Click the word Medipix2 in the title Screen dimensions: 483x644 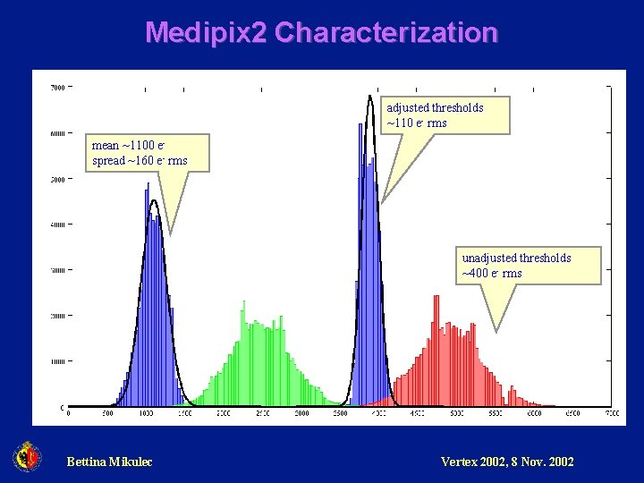pos(206,33)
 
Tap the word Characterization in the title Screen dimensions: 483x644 pos(386,33)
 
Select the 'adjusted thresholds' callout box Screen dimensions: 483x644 pos(446,114)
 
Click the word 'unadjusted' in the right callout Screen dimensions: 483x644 pos(489,258)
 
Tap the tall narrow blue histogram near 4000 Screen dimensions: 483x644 pos(369,268)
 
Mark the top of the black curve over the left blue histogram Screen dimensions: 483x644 pos(154,201)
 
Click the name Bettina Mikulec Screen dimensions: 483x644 pos(109,462)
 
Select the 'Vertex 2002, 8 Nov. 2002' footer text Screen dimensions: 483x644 pos(507,462)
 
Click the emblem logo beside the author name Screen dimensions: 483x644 pos(27,457)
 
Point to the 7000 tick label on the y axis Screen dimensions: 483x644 pos(56,88)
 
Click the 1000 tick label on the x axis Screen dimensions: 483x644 pos(146,414)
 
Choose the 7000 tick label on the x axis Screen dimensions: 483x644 pos(612,414)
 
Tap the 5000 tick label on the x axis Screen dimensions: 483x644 pos(456,414)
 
